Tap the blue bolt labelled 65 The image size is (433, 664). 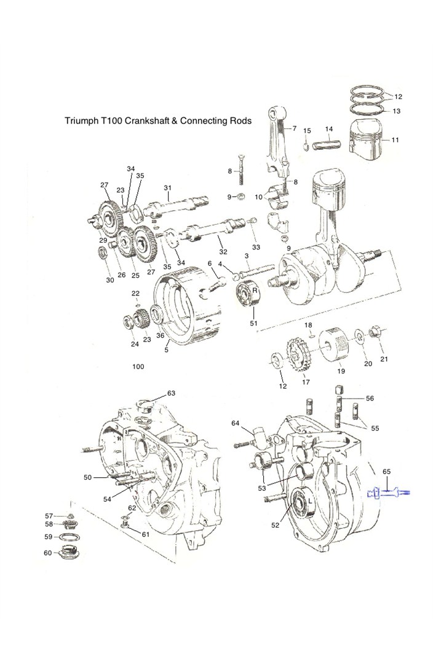388,492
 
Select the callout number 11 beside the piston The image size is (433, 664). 395,140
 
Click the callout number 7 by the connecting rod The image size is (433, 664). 295,128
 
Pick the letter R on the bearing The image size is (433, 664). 253,290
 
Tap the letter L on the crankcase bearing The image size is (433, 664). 311,501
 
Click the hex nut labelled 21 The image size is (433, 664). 373,334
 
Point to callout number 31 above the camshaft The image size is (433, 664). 167,187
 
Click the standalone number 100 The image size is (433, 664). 138,367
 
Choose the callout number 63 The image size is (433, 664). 171,393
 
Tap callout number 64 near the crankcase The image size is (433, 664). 236,423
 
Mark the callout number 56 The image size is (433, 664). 370,398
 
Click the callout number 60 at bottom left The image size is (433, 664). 48,553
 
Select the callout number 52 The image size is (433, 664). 275,525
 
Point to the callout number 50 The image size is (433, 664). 87,477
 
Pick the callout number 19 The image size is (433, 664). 341,371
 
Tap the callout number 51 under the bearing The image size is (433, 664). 253,323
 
